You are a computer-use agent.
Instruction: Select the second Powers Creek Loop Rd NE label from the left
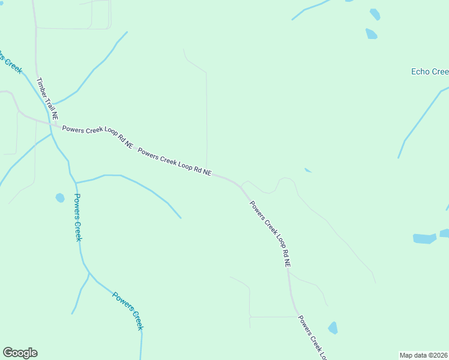(x=174, y=161)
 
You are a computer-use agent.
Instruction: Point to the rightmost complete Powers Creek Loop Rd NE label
(x=271, y=233)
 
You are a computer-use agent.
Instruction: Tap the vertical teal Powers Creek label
(x=77, y=217)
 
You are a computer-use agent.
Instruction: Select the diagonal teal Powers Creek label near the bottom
(x=128, y=310)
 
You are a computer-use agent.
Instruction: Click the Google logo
(x=20, y=353)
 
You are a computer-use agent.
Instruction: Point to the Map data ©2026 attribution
(x=423, y=355)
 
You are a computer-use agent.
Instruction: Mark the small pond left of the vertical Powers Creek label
(x=60, y=197)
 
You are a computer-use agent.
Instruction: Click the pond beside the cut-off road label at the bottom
(x=333, y=328)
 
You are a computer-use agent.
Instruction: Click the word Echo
(x=420, y=72)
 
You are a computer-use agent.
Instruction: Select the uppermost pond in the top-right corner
(x=375, y=14)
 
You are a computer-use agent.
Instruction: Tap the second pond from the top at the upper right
(x=372, y=34)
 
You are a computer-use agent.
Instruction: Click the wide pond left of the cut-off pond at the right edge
(x=424, y=238)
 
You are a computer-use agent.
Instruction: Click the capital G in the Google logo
(x=8, y=352)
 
